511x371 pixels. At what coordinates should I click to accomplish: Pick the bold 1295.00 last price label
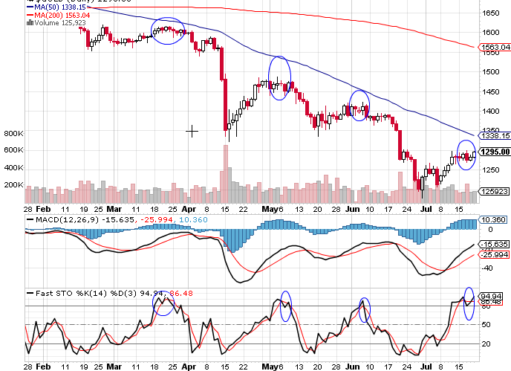(x=495, y=152)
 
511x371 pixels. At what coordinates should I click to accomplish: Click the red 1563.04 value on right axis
(x=495, y=48)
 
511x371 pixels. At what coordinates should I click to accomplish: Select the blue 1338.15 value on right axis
(x=495, y=136)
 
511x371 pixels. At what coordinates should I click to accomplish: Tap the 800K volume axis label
(x=14, y=134)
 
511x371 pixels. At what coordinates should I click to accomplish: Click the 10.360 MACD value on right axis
(x=493, y=220)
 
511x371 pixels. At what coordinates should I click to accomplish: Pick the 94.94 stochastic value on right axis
(x=493, y=294)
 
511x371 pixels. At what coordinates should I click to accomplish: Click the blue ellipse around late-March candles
(x=168, y=30)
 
